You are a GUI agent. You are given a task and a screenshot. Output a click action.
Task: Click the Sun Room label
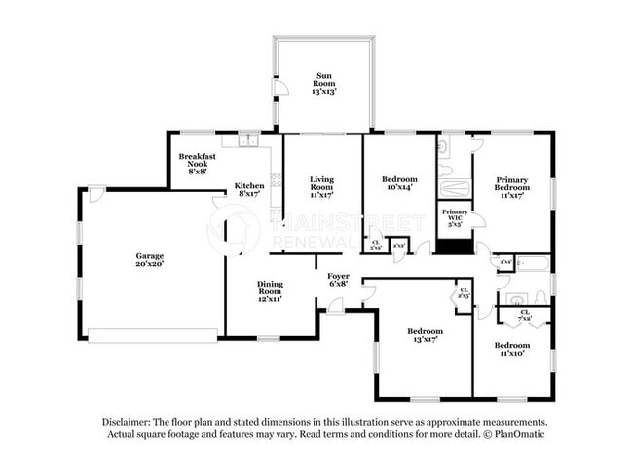(322, 80)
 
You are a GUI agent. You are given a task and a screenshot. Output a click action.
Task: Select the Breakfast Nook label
(197, 161)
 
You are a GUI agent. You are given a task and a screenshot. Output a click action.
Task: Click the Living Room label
(322, 184)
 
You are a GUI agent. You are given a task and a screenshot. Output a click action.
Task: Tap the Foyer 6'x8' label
(338, 280)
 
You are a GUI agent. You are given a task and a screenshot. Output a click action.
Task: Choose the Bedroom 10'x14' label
(399, 184)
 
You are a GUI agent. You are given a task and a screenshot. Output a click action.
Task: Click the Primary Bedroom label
(512, 184)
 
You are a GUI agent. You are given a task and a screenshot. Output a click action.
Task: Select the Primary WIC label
(455, 216)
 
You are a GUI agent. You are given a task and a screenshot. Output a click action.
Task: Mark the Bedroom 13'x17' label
(425, 335)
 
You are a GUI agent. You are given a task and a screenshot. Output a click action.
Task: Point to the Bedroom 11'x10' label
(511, 350)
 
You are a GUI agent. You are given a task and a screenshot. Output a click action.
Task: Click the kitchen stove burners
(277, 179)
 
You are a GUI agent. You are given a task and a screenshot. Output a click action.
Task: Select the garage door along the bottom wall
(152, 335)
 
